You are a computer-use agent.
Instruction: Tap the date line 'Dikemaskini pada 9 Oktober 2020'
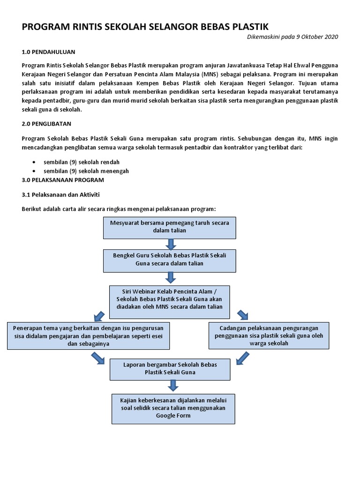(x=292, y=37)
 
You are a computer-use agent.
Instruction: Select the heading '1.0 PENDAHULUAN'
(x=49, y=52)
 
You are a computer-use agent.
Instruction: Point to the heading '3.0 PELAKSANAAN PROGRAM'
(x=63, y=180)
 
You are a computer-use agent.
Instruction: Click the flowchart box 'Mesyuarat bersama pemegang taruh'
(x=170, y=227)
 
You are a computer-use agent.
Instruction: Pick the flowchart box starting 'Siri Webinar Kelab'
(x=170, y=300)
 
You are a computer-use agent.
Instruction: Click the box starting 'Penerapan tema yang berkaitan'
(x=89, y=335)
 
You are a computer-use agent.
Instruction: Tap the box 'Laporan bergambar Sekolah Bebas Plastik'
(x=170, y=368)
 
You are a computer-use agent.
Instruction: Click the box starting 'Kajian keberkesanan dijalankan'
(x=173, y=408)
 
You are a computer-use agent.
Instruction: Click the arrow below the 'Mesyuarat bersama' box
(x=170, y=244)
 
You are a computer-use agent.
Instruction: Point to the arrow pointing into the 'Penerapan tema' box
(x=99, y=315)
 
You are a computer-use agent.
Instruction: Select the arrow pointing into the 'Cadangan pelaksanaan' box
(x=243, y=315)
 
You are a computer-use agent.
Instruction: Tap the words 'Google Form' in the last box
(x=173, y=416)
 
